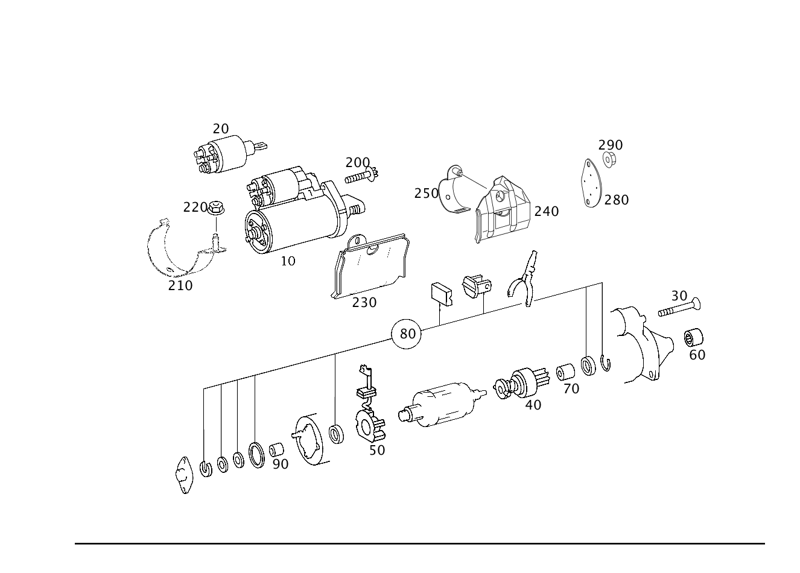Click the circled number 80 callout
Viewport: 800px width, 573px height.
coord(406,334)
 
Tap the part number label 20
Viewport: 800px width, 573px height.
coord(220,128)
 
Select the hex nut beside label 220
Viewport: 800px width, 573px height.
coord(215,207)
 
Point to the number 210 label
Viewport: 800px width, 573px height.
coord(180,286)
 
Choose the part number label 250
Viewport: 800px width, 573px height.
coord(426,194)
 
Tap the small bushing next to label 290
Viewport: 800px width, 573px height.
coord(609,160)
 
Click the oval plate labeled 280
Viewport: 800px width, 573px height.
coord(591,183)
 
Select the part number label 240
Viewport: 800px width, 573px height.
coord(547,212)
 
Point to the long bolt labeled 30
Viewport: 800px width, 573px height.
coord(679,308)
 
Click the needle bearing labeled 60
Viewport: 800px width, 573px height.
coord(693,337)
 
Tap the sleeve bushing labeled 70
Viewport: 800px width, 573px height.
coord(565,372)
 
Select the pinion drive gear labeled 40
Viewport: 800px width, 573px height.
coord(521,383)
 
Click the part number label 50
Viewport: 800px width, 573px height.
coord(377,451)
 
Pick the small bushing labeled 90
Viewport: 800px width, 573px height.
coord(276,449)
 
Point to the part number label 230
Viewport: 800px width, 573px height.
coord(364,303)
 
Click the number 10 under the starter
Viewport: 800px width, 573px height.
coord(288,261)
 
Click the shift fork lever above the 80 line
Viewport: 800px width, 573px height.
coord(524,279)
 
